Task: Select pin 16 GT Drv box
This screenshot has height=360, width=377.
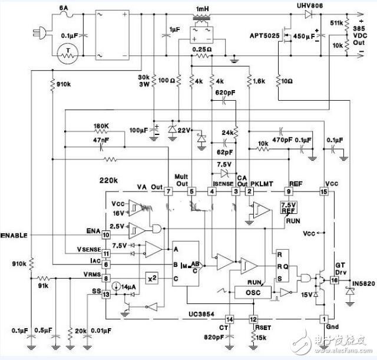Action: [x=335, y=280]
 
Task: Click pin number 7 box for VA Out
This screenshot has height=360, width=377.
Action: [x=168, y=191]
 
